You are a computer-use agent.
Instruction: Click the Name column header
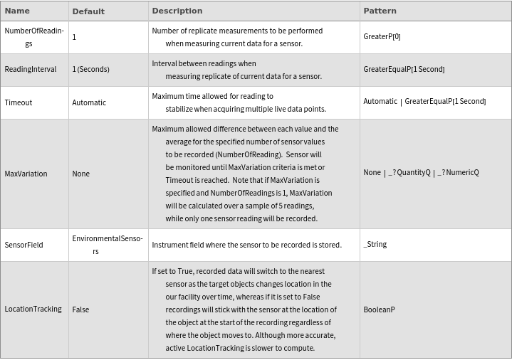[x=17, y=11]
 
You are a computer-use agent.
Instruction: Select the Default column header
[x=88, y=11]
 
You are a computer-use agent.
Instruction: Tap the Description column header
[x=177, y=11]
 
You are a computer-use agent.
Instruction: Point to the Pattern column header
[x=380, y=11]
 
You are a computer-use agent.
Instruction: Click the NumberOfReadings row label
[x=34, y=37]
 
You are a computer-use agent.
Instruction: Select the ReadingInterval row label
[x=31, y=69]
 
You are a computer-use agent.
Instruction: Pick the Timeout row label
[x=19, y=102]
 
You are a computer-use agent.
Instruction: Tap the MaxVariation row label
[x=26, y=174]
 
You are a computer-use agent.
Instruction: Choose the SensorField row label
[x=23, y=245]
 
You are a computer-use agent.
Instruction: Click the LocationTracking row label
[x=33, y=309]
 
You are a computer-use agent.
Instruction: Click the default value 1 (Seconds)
[x=90, y=69]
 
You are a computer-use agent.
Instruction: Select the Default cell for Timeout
[x=89, y=102]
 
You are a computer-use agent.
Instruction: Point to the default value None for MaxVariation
[x=80, y=174]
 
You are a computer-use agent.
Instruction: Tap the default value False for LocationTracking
[x=80, y=309]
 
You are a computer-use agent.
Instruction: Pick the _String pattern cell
[x=375, y=244]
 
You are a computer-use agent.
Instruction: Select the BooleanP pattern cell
[x=379, y=309]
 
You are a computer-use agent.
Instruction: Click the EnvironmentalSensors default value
[x=108, y=244]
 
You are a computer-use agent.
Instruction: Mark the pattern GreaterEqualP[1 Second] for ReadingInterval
[x=404, y=69]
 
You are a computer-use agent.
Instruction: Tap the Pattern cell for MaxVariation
[x=421, y=173]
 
